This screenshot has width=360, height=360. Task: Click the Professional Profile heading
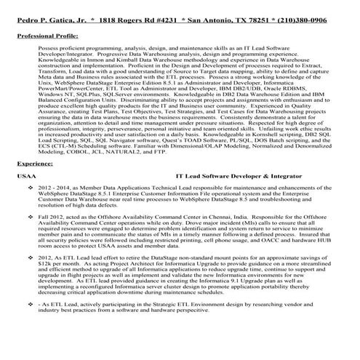coord(44,34)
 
